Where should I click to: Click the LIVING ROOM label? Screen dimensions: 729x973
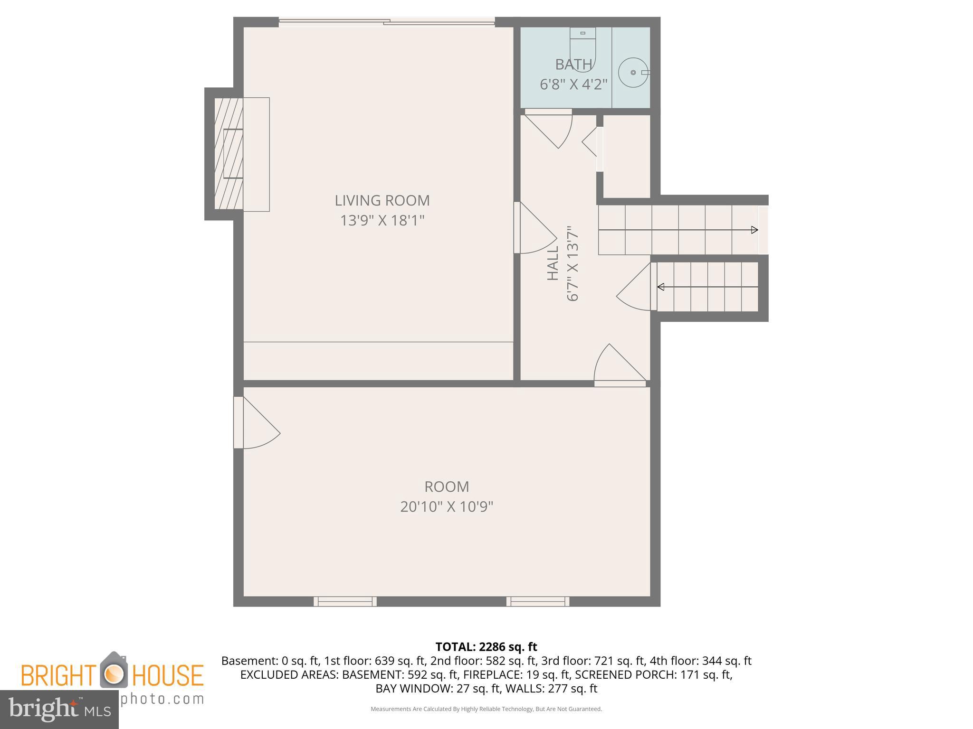tap(382, 200)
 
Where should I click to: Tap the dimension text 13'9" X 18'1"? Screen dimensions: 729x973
tap(382, 221)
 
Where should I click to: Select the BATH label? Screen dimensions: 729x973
tap(573, 64)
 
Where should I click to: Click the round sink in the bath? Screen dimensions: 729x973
tap(633, 73)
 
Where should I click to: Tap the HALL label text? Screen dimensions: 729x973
tap(553, 263)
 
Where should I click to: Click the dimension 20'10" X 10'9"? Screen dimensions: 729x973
tap(447, 507)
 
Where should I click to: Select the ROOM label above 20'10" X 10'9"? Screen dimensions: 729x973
tap(447, 486)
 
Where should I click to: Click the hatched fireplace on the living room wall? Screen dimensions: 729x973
tap(229, 154)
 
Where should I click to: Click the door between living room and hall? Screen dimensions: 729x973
tap(534, 228)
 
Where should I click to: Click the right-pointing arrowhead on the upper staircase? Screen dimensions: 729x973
tap(754, 230)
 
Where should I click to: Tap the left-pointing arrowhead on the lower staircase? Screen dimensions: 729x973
tap(661, 287)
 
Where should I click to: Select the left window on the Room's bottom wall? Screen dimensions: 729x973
tap(345, 602)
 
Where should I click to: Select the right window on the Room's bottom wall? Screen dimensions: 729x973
tap(538, 602)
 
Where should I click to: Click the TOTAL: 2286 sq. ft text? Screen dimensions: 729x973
tap(486, 647)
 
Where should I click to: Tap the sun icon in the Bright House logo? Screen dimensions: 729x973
tap(114, 673)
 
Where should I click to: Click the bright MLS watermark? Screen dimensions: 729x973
tap(59, 709)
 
